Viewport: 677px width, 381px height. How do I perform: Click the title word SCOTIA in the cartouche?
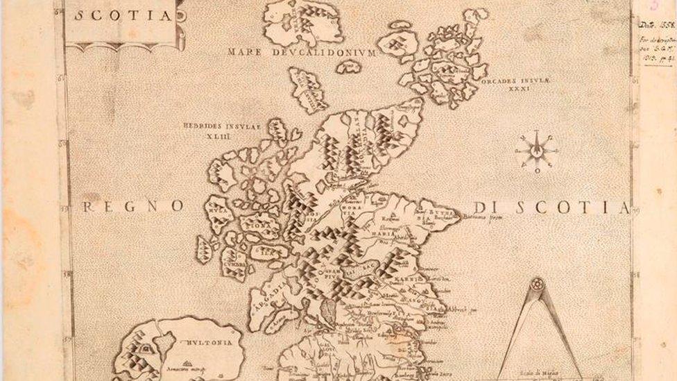(124, 15)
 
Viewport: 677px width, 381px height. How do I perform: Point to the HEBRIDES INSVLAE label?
(221, 126)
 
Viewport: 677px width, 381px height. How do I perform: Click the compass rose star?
(537, 150)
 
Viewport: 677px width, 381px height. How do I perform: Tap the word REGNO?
(133, 206)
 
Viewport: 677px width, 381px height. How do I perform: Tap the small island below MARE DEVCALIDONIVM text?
(349, 67)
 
